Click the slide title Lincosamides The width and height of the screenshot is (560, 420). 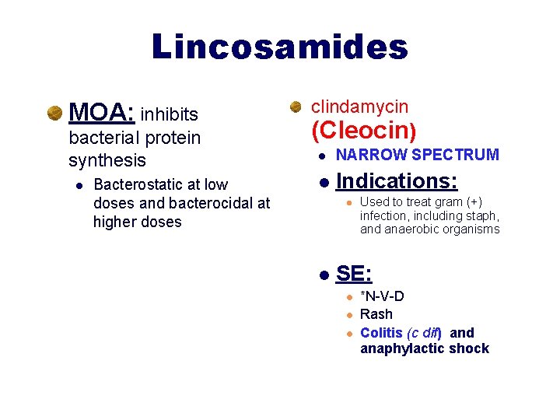(280, 47)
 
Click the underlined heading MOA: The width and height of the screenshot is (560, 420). (102, 114)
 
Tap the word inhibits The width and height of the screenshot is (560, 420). (170, 115)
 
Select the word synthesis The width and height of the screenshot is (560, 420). (107, 160)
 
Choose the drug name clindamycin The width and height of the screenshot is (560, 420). (359, 107)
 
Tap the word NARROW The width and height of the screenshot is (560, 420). (370, 155)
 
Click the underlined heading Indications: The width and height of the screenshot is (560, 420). (397, 181)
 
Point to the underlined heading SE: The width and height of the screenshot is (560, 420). (354, 274)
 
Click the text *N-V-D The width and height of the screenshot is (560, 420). (382, 296)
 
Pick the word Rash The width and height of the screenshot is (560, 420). (376, 314)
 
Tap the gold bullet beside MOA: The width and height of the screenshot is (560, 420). (54, 114)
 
